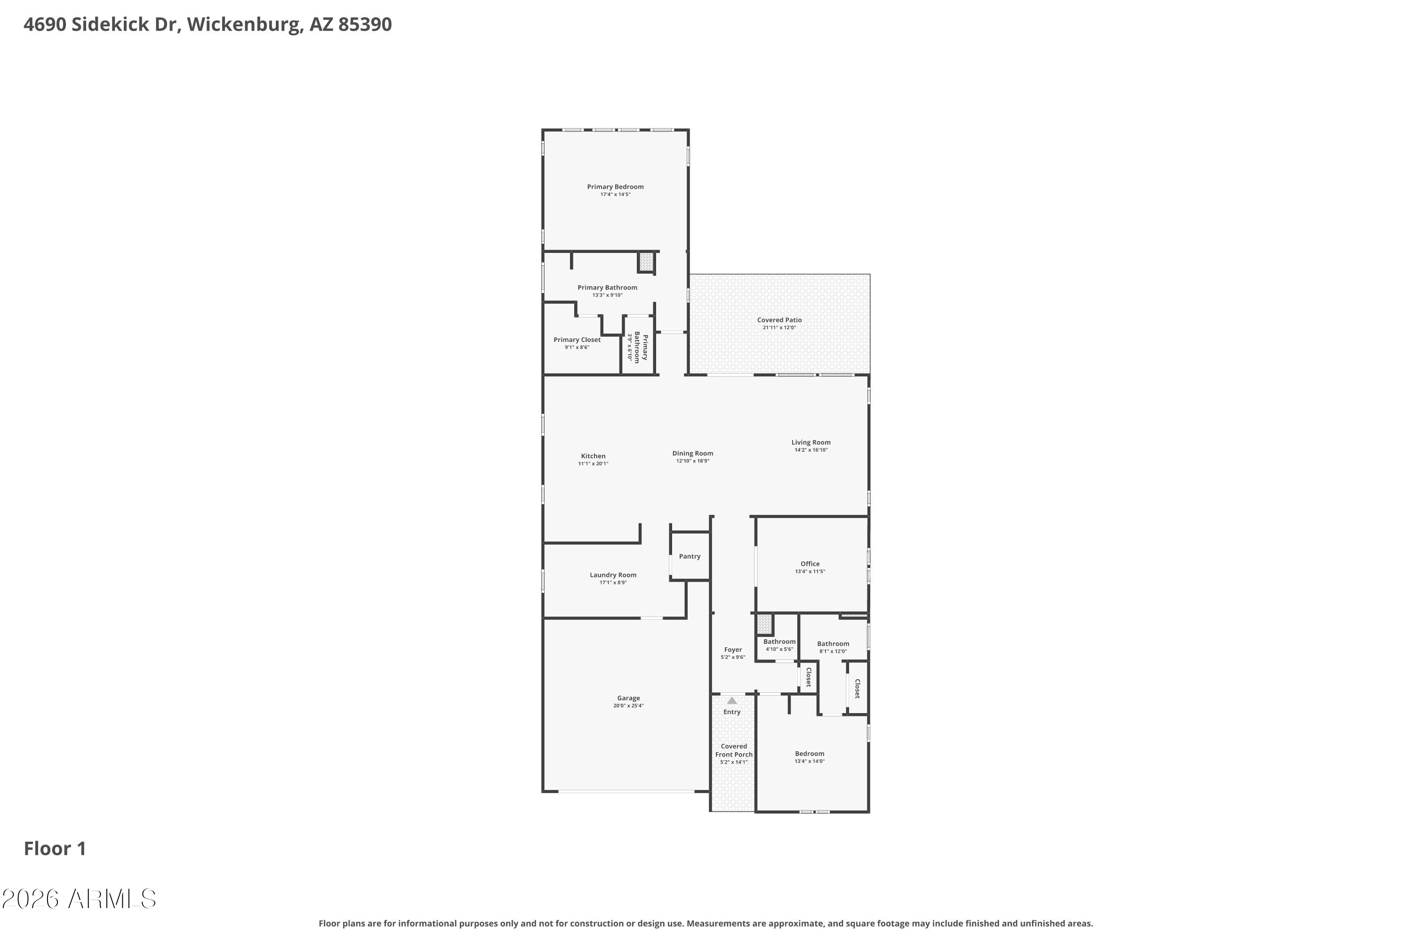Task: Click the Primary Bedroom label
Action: pos(615,187)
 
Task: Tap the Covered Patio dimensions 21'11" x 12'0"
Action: pos(779,327)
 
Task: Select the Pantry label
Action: pos(690,556)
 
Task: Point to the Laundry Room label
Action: pos(613,575)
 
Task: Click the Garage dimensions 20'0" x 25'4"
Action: pos(628,706)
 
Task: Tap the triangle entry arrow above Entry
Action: pos(732,700)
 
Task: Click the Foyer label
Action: pos(733,650)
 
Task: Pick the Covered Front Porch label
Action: pos(734,750)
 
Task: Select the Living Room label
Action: pos(811,442)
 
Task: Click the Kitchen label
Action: pos(593,456)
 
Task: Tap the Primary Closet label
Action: pos(577,340)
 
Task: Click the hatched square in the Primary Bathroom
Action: pos(646,262)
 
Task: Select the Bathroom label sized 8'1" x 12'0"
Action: pos(833,644)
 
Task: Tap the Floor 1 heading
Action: pos(55,849)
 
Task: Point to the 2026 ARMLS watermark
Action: pos(79,899)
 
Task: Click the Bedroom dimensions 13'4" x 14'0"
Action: pos(810,761)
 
